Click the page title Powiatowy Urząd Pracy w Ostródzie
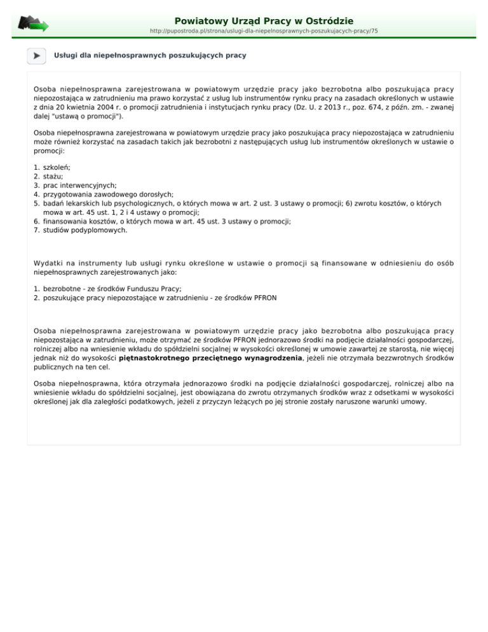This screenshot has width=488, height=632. click(264, 21)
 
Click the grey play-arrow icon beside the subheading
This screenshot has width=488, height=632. click(37, 56)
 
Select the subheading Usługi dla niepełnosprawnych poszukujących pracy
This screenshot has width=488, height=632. click(150, 56)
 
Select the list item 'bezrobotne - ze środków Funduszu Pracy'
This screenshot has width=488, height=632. click(106, 287)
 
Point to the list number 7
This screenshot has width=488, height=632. click(36, 230)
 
